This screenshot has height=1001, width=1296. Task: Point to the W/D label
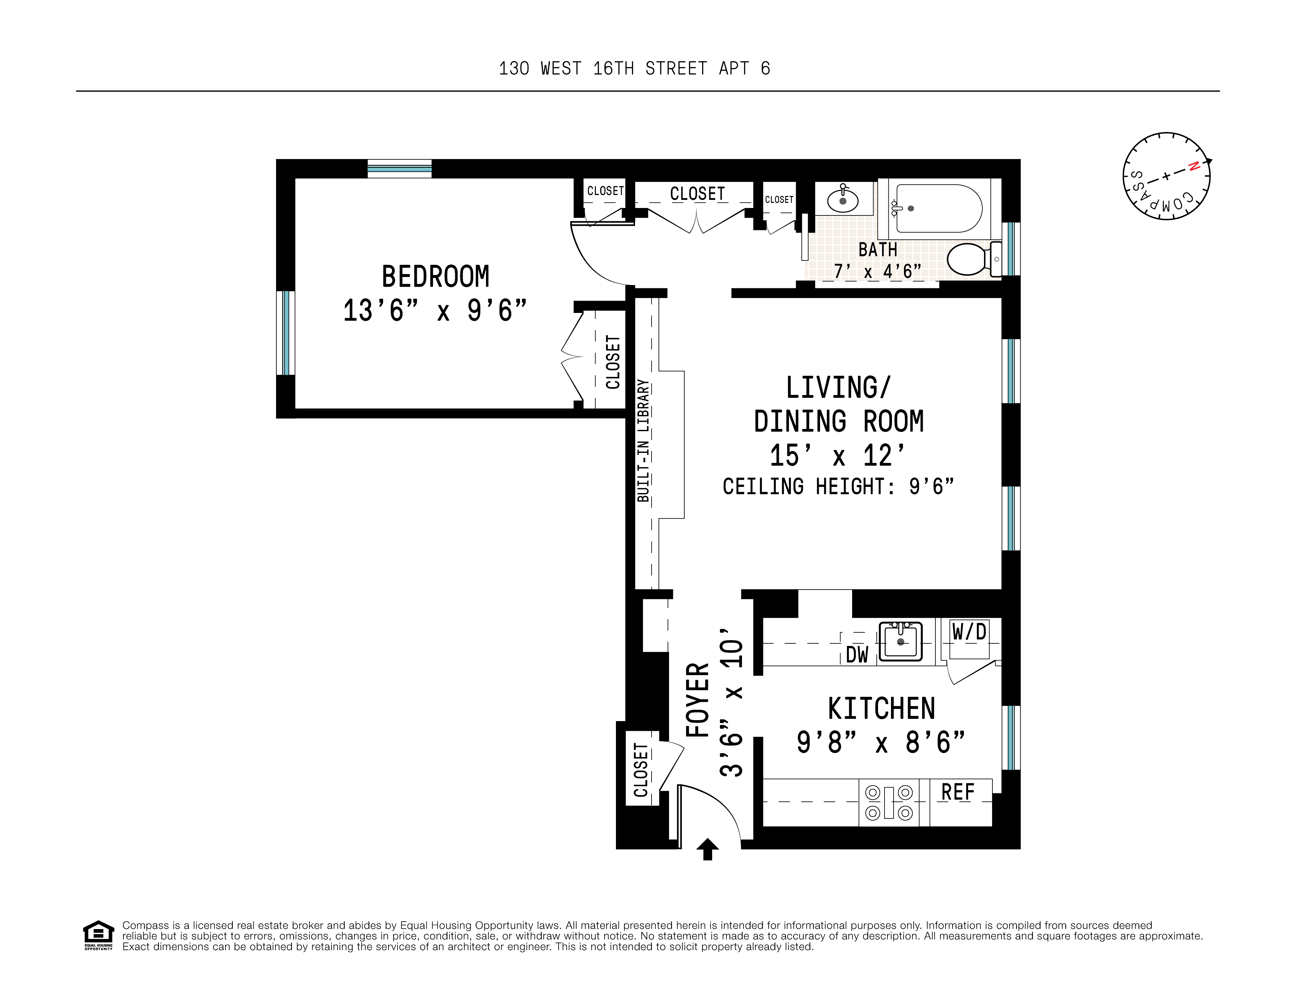pos(969,632)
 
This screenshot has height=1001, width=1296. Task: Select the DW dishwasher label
pos(857,655)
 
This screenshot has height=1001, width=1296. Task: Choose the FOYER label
pos(698,700)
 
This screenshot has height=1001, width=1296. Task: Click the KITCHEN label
pos(881,708)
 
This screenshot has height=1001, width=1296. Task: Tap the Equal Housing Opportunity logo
pos(98,935)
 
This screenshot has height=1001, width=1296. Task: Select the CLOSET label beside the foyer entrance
pos(641,770)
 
